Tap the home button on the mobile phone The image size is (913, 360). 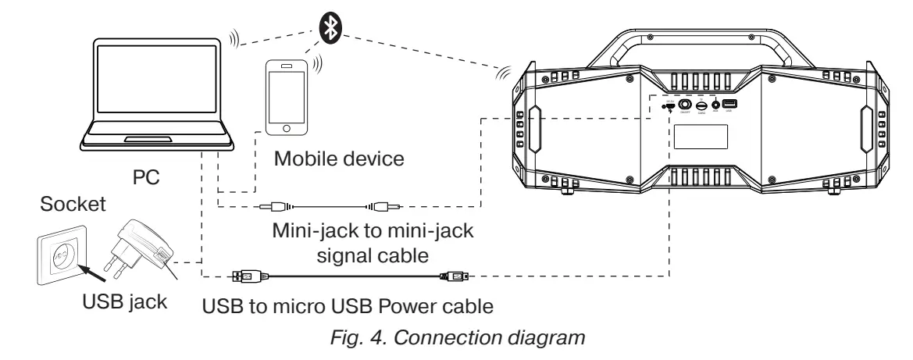pos(287,127)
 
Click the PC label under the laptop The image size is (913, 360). pos(145,177)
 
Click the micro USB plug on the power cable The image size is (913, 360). pos(455,276)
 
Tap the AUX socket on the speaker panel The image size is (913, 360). pos(715,105)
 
